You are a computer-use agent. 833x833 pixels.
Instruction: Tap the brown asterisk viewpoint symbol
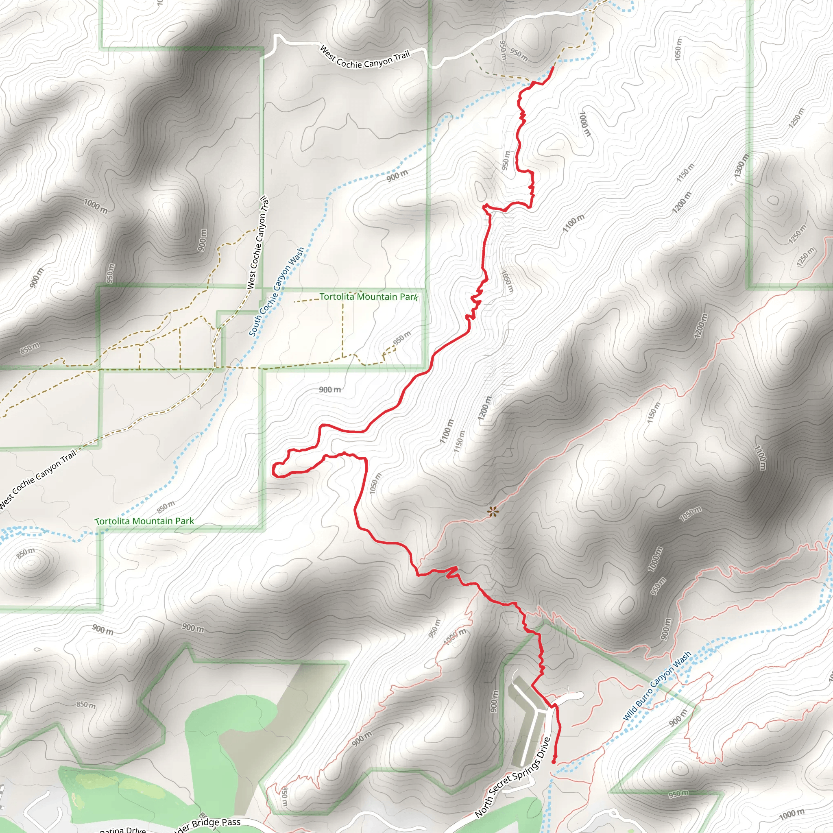tap(493, 511)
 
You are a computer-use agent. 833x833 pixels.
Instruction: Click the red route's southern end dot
tap(554, 762)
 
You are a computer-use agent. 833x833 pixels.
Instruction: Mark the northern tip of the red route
tap(553, 68)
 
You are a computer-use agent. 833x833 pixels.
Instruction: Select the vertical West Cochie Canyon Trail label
tap(258, 242)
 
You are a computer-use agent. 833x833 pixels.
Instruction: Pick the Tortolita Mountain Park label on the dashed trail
tap(368, 297)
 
